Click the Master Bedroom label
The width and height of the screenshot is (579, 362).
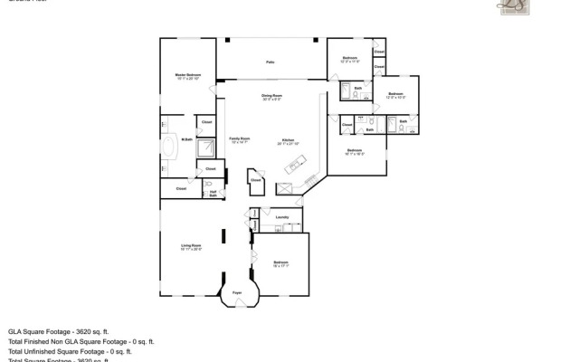pos(188,76)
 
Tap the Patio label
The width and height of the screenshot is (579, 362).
pos(270,62)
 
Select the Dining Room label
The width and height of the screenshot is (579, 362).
pos(271,96)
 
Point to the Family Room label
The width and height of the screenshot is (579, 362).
pos(239,139)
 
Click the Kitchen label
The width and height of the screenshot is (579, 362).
pos(288,141)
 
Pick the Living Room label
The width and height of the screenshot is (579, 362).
pos(190,247)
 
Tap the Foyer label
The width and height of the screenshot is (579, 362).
pos(237,293)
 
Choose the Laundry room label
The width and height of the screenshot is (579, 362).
pos(281,217)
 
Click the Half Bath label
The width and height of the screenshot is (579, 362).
pos(212,193)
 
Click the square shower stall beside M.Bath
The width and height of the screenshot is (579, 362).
pos(206,148)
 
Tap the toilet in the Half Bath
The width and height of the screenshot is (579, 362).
pos(207,186)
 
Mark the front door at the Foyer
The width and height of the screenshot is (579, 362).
pos(238,301)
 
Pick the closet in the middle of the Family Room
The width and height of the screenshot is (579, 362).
pos(256,179)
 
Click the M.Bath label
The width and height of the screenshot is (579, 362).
pos(186,139)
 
